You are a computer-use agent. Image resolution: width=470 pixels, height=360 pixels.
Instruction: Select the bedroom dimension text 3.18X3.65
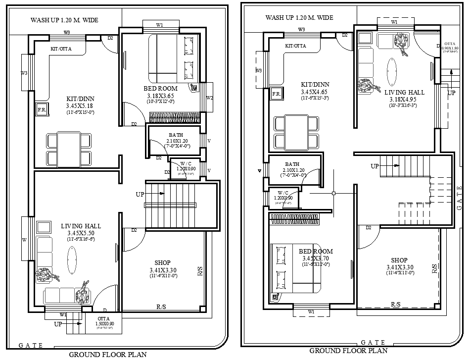click(x=161, y=96)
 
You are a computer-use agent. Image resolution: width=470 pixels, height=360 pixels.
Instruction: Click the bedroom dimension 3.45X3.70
click(x=316, y=258)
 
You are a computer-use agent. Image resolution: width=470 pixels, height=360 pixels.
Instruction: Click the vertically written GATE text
click(x=460, y=198)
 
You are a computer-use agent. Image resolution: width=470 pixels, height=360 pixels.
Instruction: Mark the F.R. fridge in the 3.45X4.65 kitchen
click(x=277, y=94)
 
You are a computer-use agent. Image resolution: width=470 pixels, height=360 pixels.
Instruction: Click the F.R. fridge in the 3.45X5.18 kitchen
click(x=42, y=110)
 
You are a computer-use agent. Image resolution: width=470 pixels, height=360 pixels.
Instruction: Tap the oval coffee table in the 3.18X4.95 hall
click(x=392, y=73)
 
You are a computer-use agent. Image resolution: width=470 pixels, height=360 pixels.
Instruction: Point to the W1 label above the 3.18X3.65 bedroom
click(x=160, y=25)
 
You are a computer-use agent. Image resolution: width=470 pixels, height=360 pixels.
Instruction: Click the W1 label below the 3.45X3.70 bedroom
click(x=311, y=311)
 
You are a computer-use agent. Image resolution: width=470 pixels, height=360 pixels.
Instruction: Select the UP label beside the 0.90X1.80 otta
click(x=451, y=93)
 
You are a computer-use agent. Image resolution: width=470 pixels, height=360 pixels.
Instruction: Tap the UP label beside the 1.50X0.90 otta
click(x=58, y=324)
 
